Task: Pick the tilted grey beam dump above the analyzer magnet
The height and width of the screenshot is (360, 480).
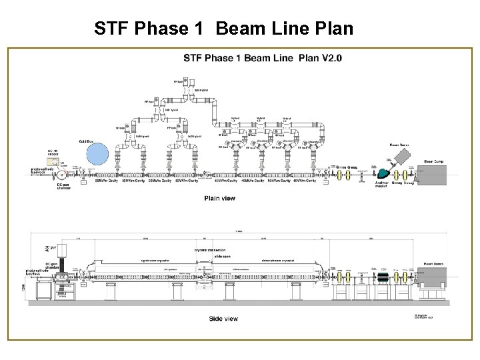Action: (x=403, y=157)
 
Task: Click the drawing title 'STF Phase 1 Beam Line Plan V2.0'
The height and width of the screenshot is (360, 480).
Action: (x=262, y=58)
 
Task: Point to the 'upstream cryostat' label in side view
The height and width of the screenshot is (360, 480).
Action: (x=153, y=260)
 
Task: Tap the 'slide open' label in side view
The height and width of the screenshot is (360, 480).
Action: (x=205, y=255)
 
